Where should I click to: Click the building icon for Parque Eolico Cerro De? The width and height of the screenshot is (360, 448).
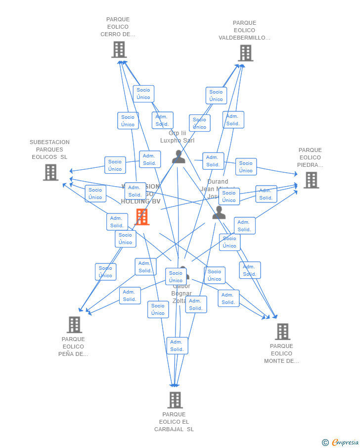pyautogui.click(x=119, y=50)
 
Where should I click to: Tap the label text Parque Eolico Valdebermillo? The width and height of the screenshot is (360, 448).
pyautogui.click(x=244, y=30)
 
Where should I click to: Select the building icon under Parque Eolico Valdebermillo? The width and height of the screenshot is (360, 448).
pyautogui.click(x=245, y=53)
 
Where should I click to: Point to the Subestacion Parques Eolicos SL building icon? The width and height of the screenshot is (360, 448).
pyautogui.click(x=50, y=172)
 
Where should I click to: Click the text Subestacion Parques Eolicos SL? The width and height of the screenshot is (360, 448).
pyautogui.click(x=49, y=149)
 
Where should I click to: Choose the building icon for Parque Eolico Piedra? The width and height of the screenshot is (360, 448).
pyautogui.click(x=311, y=180)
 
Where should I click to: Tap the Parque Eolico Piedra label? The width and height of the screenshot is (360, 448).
pyautogui.click(x=310, y=157)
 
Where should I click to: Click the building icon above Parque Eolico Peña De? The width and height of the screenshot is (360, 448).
pyautogui.click(x=74, y=325)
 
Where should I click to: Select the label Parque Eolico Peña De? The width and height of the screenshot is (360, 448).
pyautogui.click(x=73, y=347)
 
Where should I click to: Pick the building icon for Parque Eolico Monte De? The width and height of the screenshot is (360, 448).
pyautogui.click(x=282, y=332)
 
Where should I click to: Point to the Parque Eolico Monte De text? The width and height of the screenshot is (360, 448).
pyautogui.click(x=281, y=353)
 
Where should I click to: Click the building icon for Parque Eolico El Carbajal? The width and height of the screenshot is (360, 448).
pyautogui.click(x=175, y=400)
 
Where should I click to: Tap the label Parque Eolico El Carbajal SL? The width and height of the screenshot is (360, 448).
pyautogui.click(x=174, y=422)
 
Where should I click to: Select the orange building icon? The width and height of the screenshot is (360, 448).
pyautogui.click(x=142, y=217)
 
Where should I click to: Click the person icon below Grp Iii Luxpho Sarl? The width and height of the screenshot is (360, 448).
pyautogui.click(x=178, y=156)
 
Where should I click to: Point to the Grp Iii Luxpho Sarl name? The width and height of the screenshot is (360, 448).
pyautogui.click(x=177, y=137)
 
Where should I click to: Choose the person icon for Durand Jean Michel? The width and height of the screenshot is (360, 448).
pyautogui.click(x=219, y=213)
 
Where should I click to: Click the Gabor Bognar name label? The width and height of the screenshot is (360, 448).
pyautogui.click(x=181, y=294)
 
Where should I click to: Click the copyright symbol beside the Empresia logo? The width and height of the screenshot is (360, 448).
pyautogui.click(x=325, y=443)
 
